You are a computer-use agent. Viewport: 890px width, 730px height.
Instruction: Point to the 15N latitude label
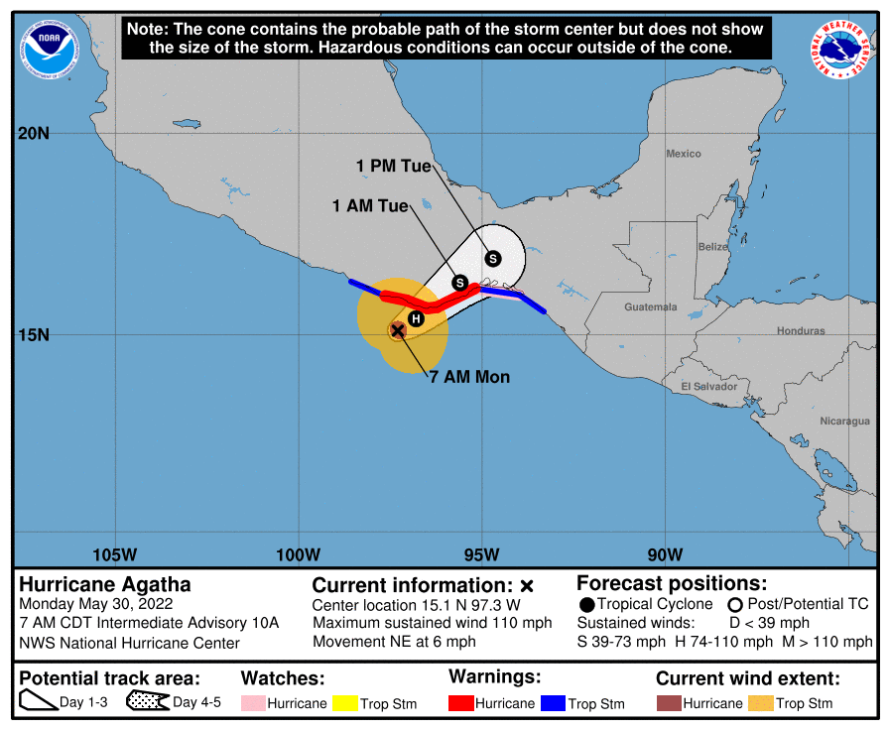pyautogui.click(x=34, y=334)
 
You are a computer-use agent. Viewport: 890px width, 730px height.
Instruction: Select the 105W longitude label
pyautogui.click(x=115, y=552)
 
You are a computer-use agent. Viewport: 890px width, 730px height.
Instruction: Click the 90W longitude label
pyautogui.click(x=664, y=552)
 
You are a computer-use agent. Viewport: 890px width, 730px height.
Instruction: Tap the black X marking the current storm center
pyautogui.click(x=397, y=329)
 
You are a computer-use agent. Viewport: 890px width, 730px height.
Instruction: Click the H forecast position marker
pyautogui.click(x=417, y=318)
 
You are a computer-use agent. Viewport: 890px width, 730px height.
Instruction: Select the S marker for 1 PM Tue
pyautogui.click(x=492, y=259)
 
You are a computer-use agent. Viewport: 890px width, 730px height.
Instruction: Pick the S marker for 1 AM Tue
pyautogui.click(x=460, y=283)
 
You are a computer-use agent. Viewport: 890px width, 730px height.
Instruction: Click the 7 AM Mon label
pyautogui.click(x=469, y=377)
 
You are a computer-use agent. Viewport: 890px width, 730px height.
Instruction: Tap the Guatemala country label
pyautogui.click(x=650, y=307)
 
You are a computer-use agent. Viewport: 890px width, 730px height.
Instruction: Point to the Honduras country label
pyautogui.click(x=801, y=330)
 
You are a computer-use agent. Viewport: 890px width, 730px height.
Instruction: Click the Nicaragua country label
pyautogui.click(x=844, y=422)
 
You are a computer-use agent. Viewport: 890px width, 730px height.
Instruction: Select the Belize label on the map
pyautogui.click(x=712, y=246)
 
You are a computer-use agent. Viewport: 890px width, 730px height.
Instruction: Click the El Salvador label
pyautogui.click(x=708, y=386)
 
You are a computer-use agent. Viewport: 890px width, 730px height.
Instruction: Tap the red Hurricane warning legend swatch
pyautogui.click(x=461, y=703)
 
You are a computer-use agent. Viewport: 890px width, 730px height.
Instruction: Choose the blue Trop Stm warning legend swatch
pyautogui.click(x=553, y=703)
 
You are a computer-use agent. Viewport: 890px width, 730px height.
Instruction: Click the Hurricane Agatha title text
pyautogui.click(x=105, y=584)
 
